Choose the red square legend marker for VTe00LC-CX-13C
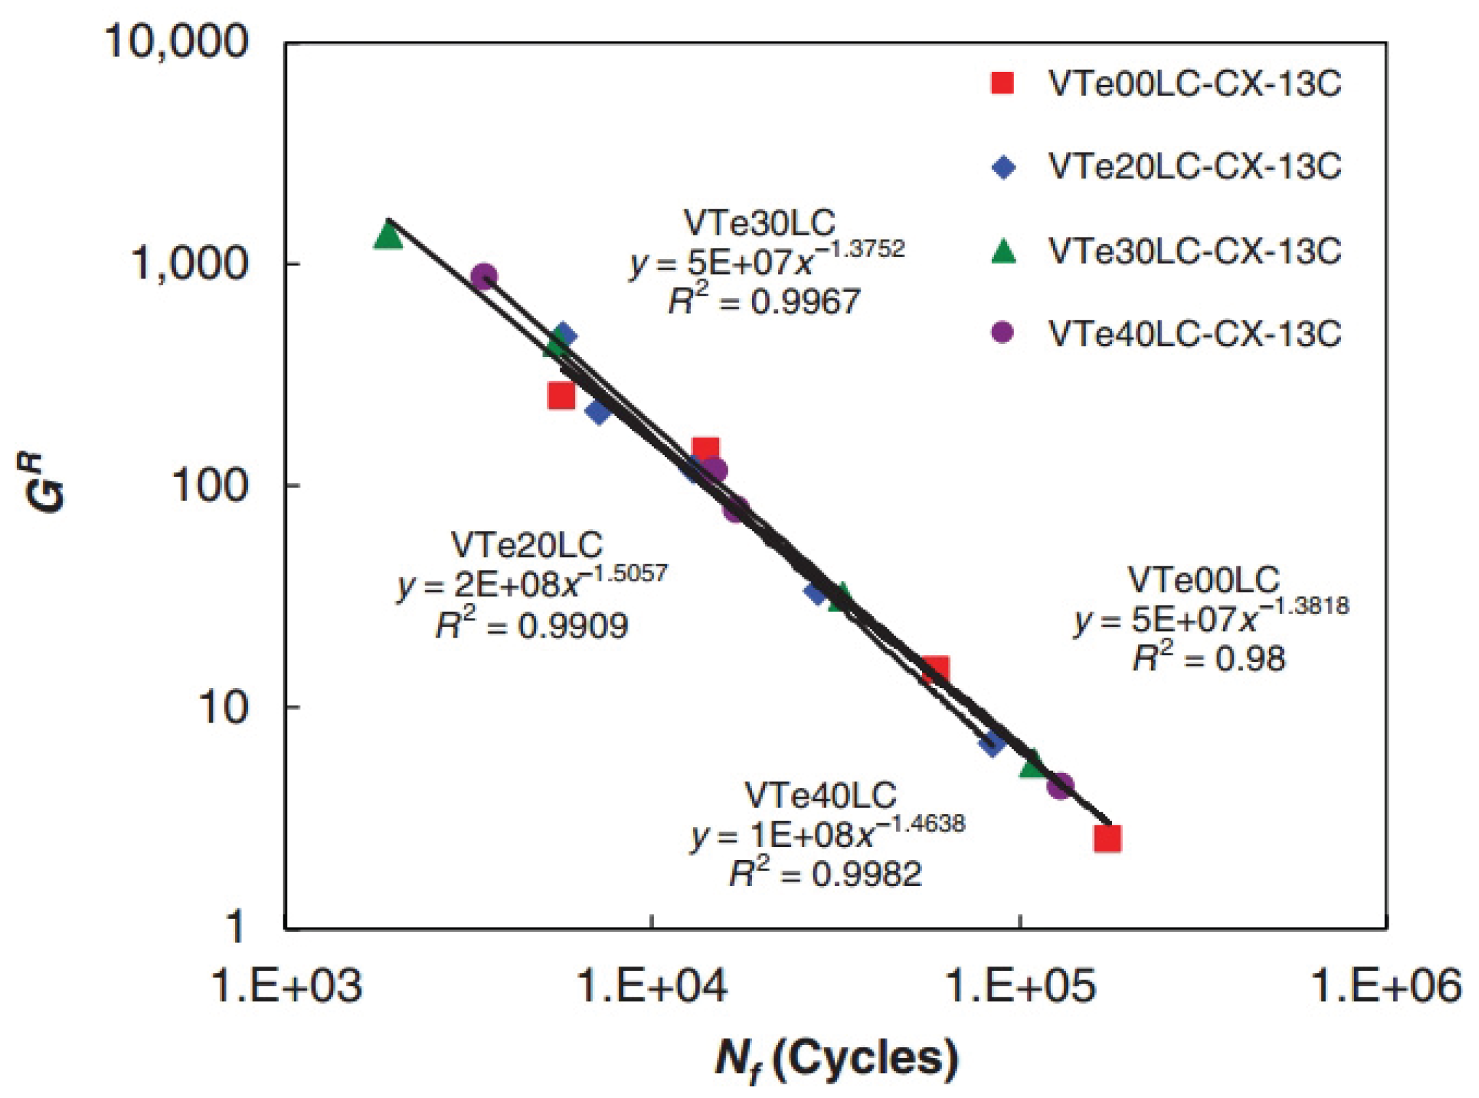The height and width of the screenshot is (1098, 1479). [x=1002, y=84]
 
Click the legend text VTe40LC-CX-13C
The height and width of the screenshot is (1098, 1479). [x=1194, y=334]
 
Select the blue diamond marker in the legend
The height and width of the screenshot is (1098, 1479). [x=1002, y=167]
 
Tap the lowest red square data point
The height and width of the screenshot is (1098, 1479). [x=1107, y=839]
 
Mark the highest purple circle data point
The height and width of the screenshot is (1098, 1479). [x=484, y=276]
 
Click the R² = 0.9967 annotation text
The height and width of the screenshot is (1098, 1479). [x=765, y=301]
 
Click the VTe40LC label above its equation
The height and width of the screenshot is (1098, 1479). [x=821, y=796]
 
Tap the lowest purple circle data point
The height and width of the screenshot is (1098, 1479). [x=1060, y=785]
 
